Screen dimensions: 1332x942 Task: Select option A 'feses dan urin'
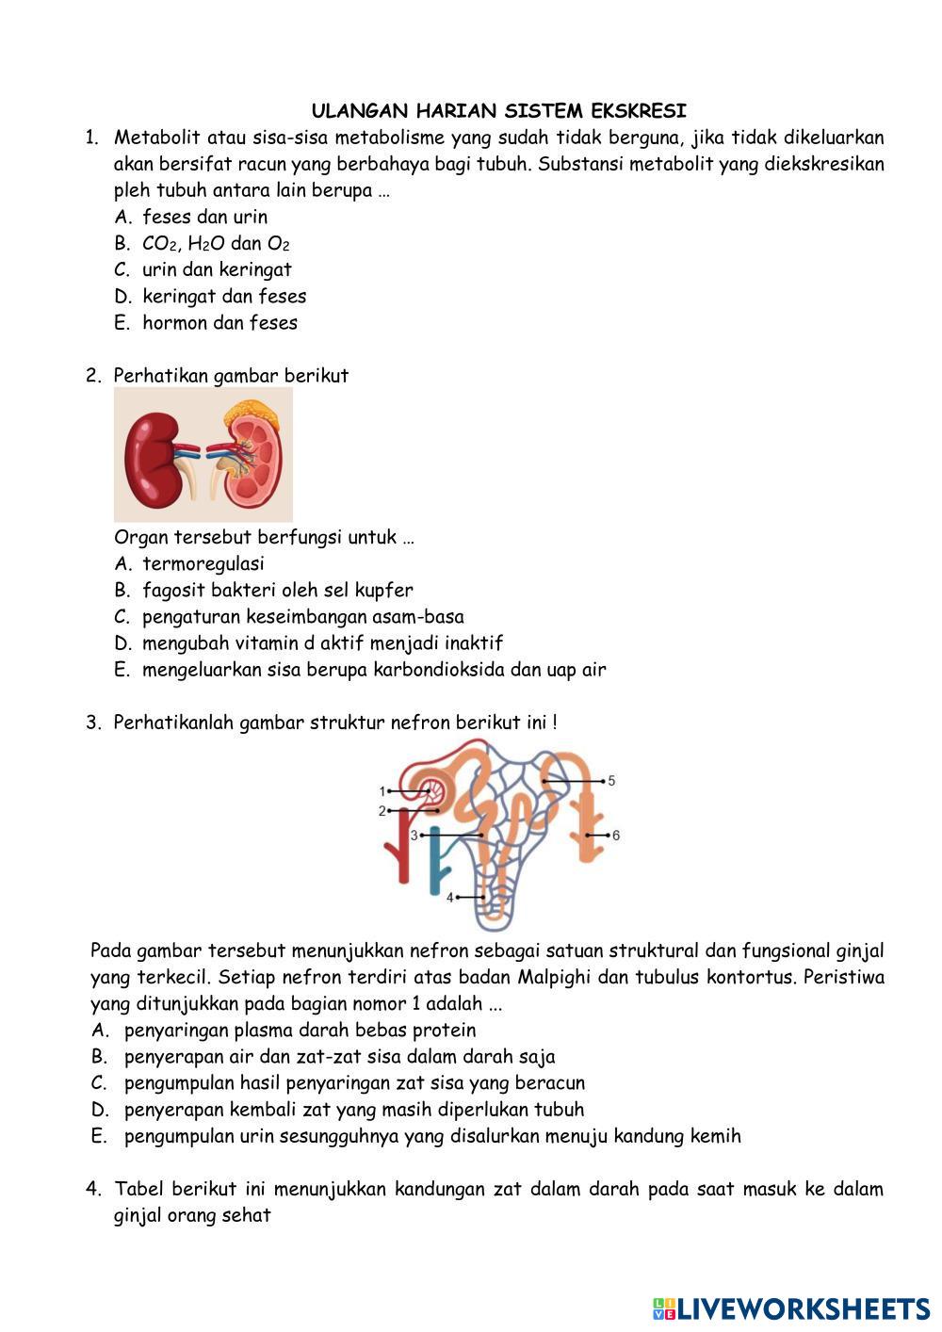point(204,217)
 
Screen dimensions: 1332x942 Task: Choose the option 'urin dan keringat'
point(217,269)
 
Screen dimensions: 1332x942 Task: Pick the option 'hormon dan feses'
point(219,322)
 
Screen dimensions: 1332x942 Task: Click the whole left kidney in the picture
point(154,455)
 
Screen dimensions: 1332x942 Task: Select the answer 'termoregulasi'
point(203,563)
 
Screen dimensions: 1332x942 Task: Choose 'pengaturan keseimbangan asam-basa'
point(302,616)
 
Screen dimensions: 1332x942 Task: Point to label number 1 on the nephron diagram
point(382,791)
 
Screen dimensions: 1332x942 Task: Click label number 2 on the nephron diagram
point(382,810)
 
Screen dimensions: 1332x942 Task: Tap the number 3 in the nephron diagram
point(414,835)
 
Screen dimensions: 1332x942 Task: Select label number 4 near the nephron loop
point(450,897)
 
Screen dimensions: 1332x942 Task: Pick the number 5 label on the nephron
point(611,781)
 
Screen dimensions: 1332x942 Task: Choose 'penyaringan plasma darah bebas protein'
point(300,1030)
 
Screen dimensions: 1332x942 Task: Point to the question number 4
point(93,1189)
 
